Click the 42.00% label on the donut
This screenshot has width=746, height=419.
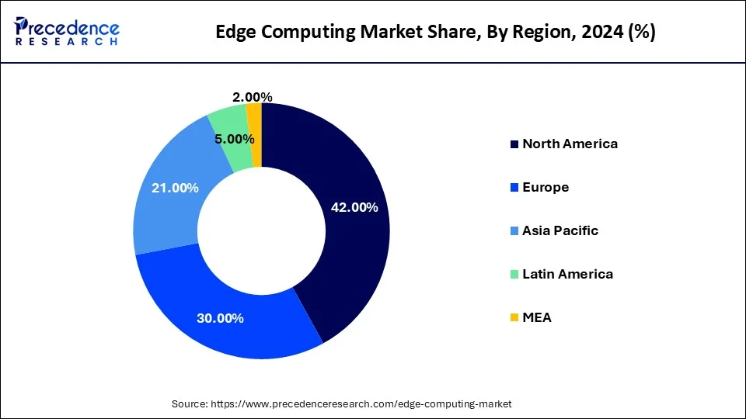click(x=354, y=207)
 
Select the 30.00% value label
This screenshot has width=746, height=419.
click(x=220, y=318)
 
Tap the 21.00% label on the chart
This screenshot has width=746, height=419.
click(x=175, y=188)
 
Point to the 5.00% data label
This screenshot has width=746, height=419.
click(x=235, y=140)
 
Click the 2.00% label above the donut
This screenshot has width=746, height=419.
click(x=252, y=97)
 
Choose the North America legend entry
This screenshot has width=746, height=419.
click(x=570, y=144)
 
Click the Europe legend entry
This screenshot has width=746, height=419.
click(x=546, y=187)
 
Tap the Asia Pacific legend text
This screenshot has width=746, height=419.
click(x=559, y=230)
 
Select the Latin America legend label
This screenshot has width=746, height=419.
click(x=567, y=274)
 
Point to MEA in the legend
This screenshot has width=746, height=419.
click(x=536, y=317)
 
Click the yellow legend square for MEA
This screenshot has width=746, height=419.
click(x=514, y=318)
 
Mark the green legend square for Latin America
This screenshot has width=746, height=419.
click(x=514, y=275)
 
